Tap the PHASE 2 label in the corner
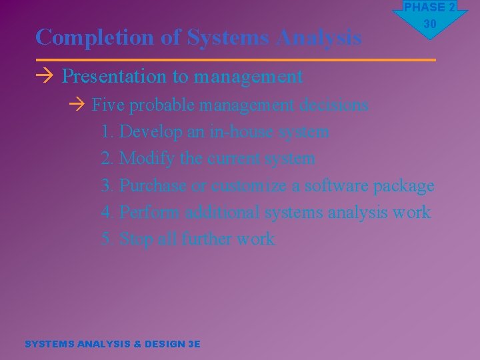click(x=429, y=7)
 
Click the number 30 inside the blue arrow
click(x=429, y=24)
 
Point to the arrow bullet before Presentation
click(x=45, y=77)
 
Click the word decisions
click(x=334, y=105)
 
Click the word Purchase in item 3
click(x=153, y=185)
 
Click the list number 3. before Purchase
click(x=107, y=185)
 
